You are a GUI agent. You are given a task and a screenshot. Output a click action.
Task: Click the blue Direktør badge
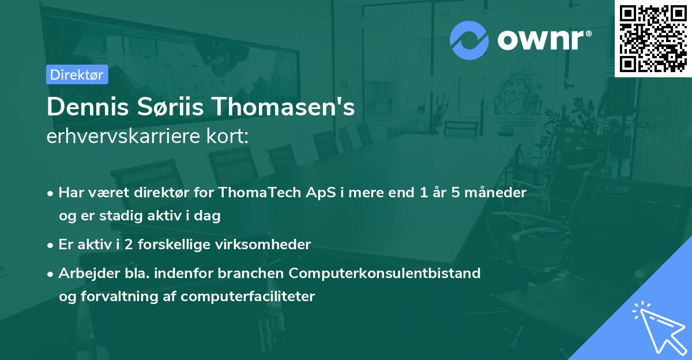click(x=77, y=74)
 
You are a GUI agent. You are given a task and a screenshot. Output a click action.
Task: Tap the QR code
click(x=653, y=39)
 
